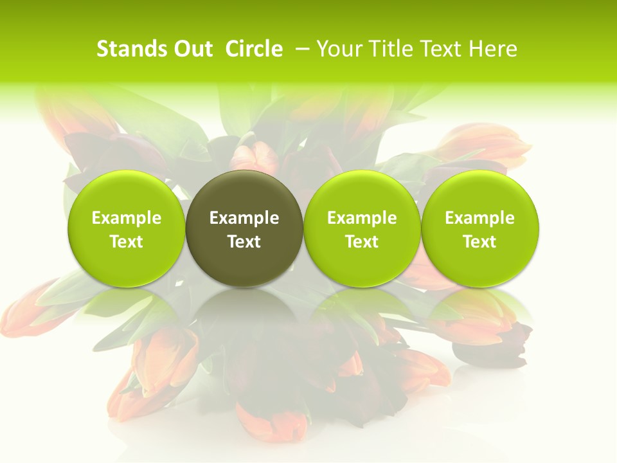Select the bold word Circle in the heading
tap(254, 49)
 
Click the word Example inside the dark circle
tap(244, 218)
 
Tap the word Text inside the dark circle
tap(244, 242)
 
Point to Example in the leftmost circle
tap(127, 218)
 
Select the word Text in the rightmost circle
tap(479, 242)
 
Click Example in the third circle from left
tap(362, 218)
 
